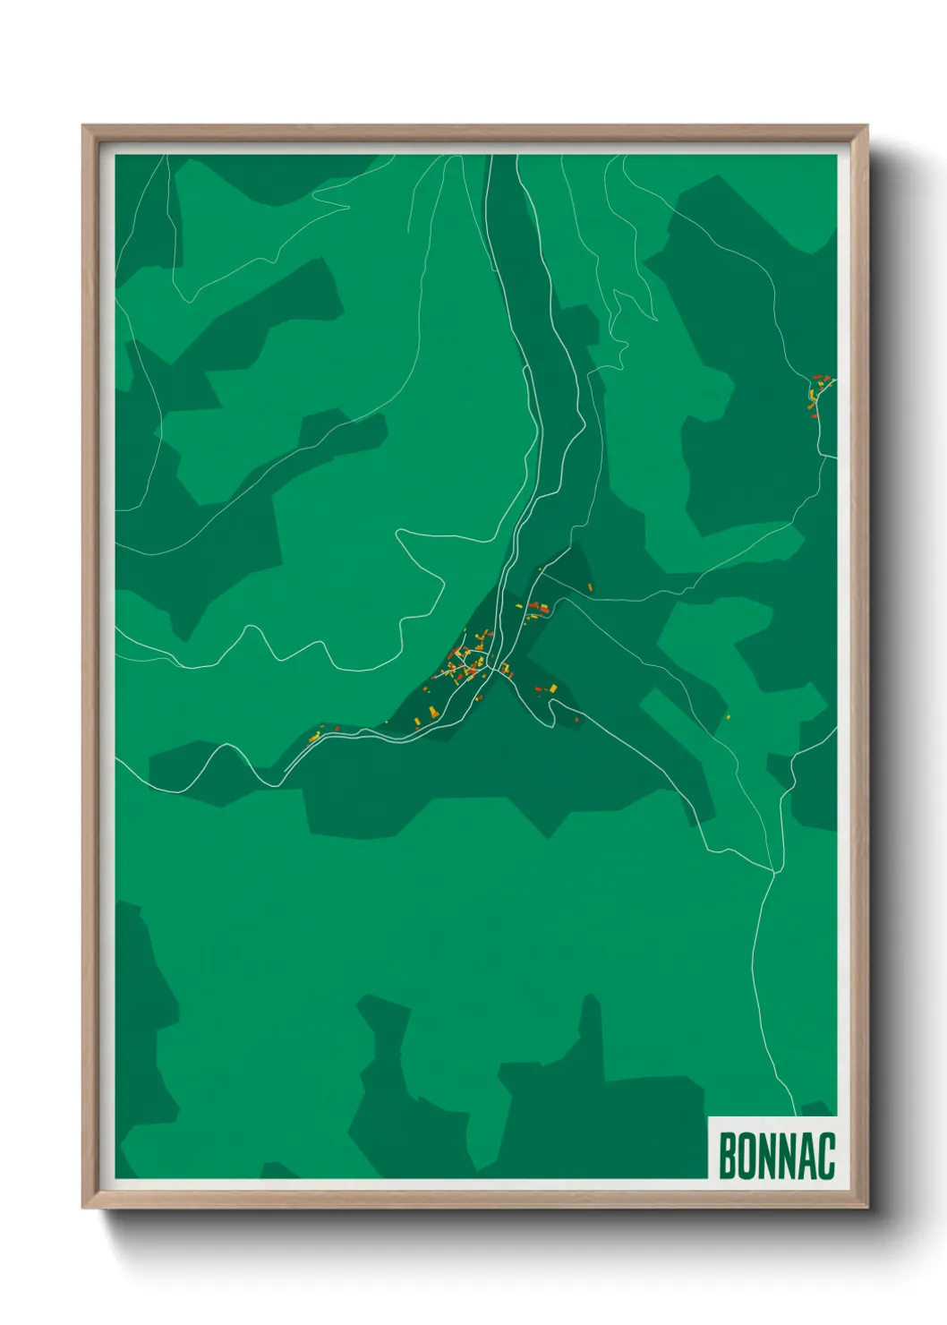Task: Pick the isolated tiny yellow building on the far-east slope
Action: [x=727, y=715]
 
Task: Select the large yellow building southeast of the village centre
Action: [x=552, y=688]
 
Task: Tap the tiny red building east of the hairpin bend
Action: [x=576, y=719]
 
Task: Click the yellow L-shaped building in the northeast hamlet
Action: [x=812, y=393]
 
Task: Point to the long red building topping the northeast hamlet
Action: [x=817, y=378]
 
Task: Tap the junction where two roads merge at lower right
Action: [x=772, y=870]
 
